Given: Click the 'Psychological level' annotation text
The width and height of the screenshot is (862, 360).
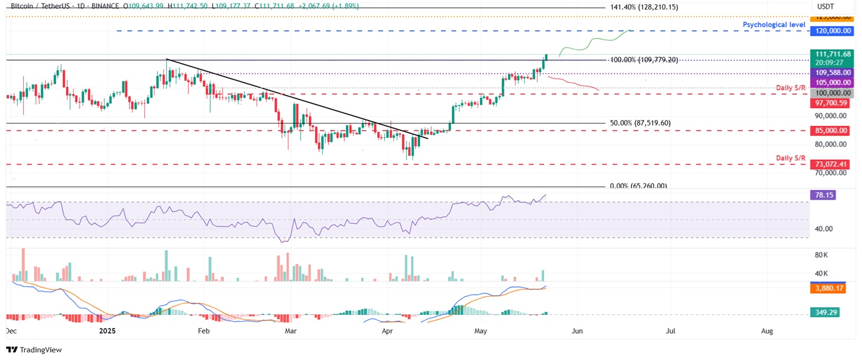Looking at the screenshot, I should click(774, 24).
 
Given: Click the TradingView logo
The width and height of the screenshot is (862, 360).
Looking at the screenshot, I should click(34, 350).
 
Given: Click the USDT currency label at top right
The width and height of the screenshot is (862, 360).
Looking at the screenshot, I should click(826, 6).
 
